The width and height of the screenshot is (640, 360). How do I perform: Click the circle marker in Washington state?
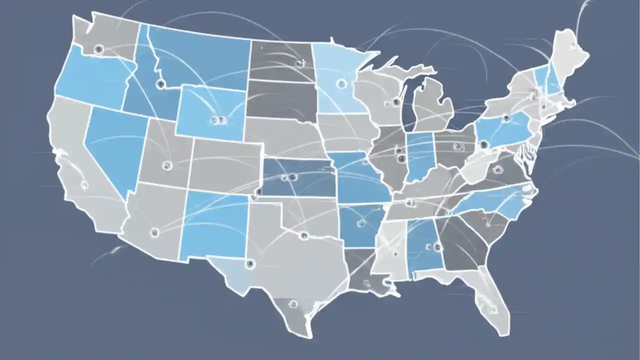click(98, 49)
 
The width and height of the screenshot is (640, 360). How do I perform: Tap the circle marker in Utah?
click(167, 165)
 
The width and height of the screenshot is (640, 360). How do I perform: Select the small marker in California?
click(84, 185)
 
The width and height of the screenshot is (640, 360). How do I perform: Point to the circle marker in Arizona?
click(154, 231)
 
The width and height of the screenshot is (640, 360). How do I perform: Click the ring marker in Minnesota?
click(341, 83)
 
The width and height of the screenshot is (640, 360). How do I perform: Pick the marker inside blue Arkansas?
click(361, 223)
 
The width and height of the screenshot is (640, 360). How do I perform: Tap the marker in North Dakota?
click(299, 63)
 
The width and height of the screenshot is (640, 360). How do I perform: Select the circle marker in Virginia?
click(497, 169)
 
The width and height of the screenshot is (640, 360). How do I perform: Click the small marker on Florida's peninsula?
click(493, 309)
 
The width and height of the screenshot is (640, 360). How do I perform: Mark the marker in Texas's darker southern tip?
click(293, 304)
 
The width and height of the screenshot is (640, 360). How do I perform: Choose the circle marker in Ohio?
click(456, 146)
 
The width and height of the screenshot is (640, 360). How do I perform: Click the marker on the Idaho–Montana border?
click(160, 84)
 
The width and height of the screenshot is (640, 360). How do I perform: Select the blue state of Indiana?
click(419, 156)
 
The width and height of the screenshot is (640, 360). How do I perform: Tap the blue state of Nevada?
click(114, 145)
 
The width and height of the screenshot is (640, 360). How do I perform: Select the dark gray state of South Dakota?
click(281, 100)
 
